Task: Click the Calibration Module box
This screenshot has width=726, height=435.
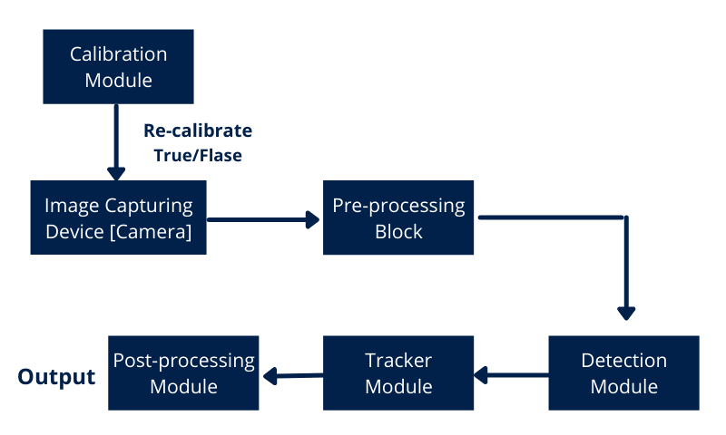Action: (x=118, y=66)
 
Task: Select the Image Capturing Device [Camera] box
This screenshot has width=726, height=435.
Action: (x=118, y=217)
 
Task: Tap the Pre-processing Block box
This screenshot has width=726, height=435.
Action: (x=398, y=217)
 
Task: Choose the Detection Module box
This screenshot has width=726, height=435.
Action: (x=623, y=372)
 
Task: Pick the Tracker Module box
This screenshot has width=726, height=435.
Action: (x=398, y=372)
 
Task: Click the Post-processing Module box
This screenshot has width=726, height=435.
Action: (x=183, y=372)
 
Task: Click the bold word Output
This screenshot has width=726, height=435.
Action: (x=56, y=377)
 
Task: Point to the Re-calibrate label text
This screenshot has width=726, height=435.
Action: (x=198, y=130)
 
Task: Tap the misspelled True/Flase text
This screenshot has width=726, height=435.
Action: (x=198, y=155)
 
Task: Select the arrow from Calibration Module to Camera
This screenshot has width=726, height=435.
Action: (x=116, y=142)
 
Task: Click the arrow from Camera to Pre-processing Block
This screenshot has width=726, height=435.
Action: (x=263, y=219)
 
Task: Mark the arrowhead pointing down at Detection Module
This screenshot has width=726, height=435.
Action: (x=626, y=313)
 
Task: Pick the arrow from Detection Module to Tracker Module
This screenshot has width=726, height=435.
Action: (x=511, y=375)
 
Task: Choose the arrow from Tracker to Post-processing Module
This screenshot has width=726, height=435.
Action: (x=293, y=375)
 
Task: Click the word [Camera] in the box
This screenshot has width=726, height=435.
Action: (x=151, y=232)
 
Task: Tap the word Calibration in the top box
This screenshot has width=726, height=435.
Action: (x=119, y=54)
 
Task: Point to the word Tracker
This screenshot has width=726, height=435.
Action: (x=398, y=360)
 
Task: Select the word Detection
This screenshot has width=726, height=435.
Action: (x=623, y=360)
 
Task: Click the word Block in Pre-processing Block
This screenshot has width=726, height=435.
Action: (x=398, y=232)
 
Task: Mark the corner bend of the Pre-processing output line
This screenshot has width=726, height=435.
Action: (x=626, y=217)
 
